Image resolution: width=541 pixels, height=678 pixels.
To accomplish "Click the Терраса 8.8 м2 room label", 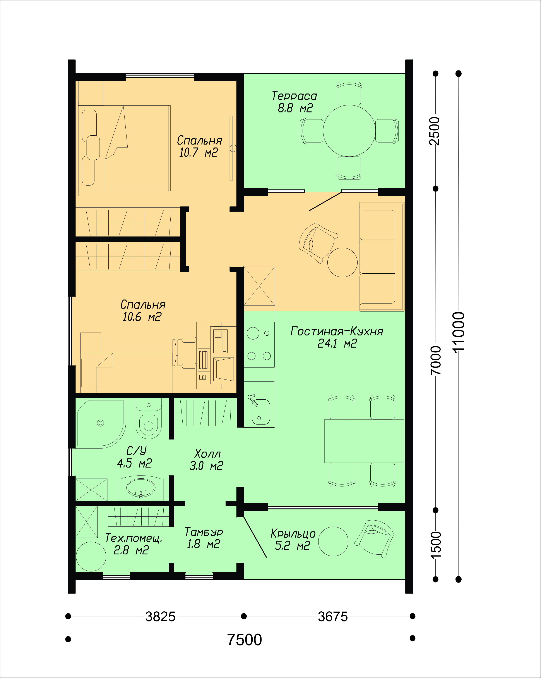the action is (x=294, y=102).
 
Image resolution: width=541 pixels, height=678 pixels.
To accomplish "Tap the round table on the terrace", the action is (x=349, y=131).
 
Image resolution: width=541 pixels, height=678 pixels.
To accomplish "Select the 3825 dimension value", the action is (x=160, y=617).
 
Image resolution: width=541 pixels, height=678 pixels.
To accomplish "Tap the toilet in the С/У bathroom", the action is (x=149, y=419).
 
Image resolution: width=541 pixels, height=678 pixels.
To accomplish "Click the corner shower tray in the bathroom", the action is (x=101, y=423).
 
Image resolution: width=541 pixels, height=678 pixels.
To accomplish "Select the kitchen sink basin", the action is (x=260, y=411).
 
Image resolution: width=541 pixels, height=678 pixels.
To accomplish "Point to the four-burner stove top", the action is (x=259, y=344).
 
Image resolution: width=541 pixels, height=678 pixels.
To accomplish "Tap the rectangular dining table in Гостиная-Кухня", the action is (x=364, y=441).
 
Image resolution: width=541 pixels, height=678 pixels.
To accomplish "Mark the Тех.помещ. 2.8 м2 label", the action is (x=133, y=544).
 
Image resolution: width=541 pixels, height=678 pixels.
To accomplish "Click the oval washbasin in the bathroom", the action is (x=141, y=488).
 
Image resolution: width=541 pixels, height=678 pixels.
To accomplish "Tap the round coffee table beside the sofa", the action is (x=342, y=262).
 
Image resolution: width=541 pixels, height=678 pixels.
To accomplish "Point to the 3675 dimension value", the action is (x=333, y=617).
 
